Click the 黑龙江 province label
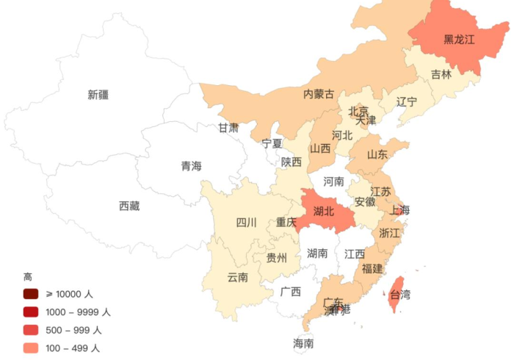[x=459, y=40]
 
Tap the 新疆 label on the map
[x=98, y=94]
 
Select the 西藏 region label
[x=129, y=206]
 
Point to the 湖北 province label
[x=323, y=211]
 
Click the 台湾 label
[x=400, y=295]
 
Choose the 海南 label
[x=303, y=343]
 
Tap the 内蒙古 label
[x=319, y=94]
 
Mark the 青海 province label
[x=191, y=166]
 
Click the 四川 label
[x=246, y=223]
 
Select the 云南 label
[x=237, y=277]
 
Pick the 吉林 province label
[x=441, y=74]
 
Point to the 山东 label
[x=377, y=154]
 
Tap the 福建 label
[x=372, y=269]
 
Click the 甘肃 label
[x=228, y=128]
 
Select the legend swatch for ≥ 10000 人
[x=31, y=294]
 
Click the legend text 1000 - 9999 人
[x=78, y=312]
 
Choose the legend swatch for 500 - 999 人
[x=31, y=330]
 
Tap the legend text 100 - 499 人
[x=73, y=348]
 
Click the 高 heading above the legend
[x=27, y=277]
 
